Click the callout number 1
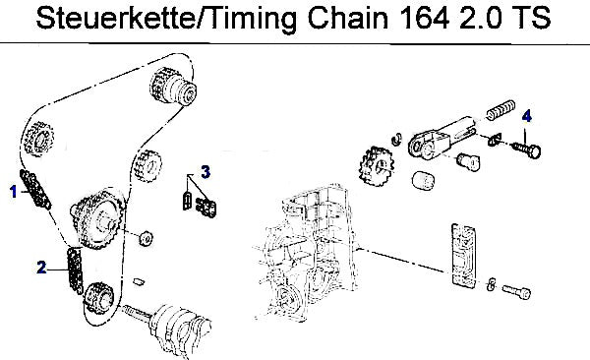pos(14,192)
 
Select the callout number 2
pos(41,268)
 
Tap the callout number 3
pos(206,172)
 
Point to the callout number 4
pos(527,116)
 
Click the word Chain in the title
pos(347,18)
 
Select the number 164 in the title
pos(424,18)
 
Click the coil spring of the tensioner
pos(501,109)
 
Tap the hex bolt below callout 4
pos(527,150)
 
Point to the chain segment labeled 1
pos(35,189)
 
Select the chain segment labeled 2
pos(75,270)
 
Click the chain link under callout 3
pos(206,209)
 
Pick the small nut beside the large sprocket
pos(146,238)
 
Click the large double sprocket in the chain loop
pos(97,219)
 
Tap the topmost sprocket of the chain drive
pos(173,87)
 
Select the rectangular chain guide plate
pos(463,255)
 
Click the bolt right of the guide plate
pos(516,291)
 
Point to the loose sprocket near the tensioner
pos(377,166)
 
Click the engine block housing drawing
pos(305,253)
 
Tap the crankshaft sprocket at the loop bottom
pos(97,297)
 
